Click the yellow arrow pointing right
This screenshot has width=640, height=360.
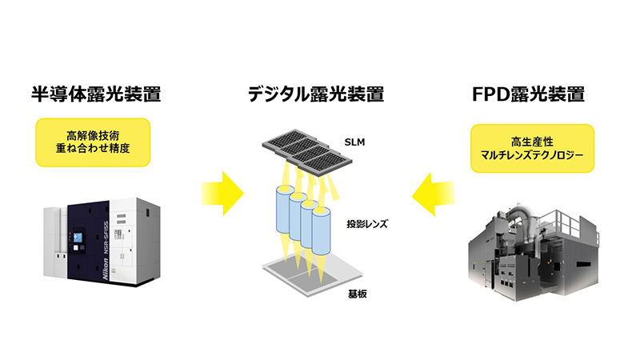coord(221,197)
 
